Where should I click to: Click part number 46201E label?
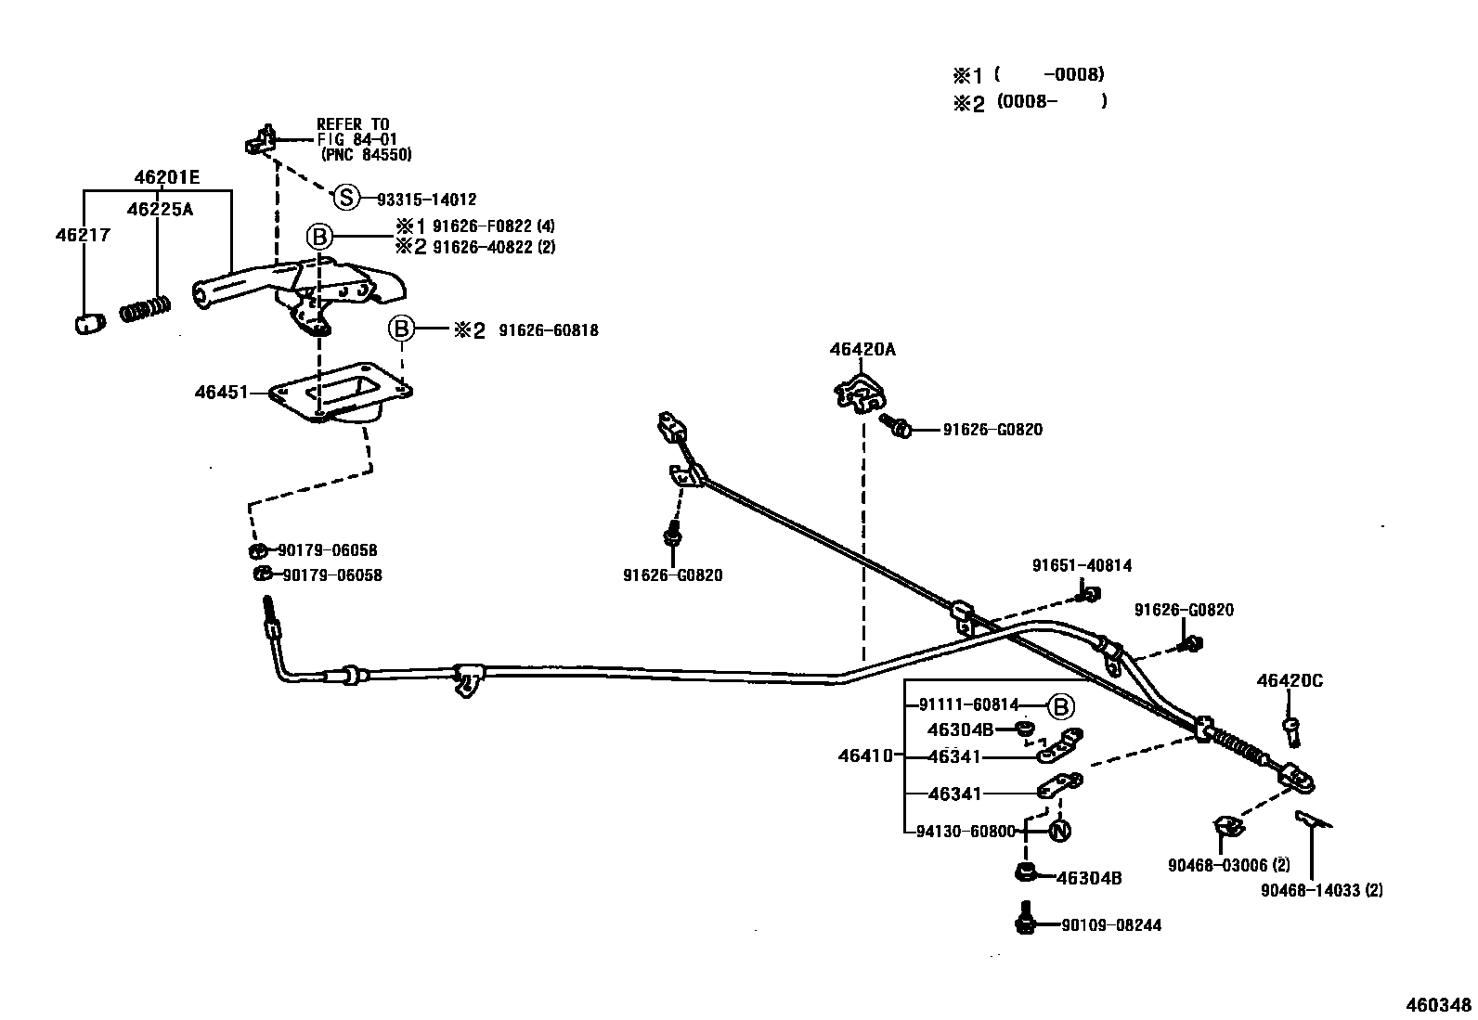click(x=166, y=176)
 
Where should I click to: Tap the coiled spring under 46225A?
click(x=147, y=308)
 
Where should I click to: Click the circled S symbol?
click(x=345, y=198)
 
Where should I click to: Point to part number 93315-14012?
click(x=426, y=199)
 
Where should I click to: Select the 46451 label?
click(x=221, y=392)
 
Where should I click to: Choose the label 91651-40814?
click(x=1082, y=565)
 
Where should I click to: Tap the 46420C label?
click(x=1290, y=680)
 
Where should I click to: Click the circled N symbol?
click(x=1059, y=831)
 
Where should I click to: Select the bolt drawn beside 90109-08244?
click(x=1026, y=918)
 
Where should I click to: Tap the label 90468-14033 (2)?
click(x=1321, y=890)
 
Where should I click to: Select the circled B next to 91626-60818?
click(x=400, y=329)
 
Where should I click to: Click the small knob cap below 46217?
click(x=86, y=324)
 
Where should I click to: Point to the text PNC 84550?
click(x=366, y=155)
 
